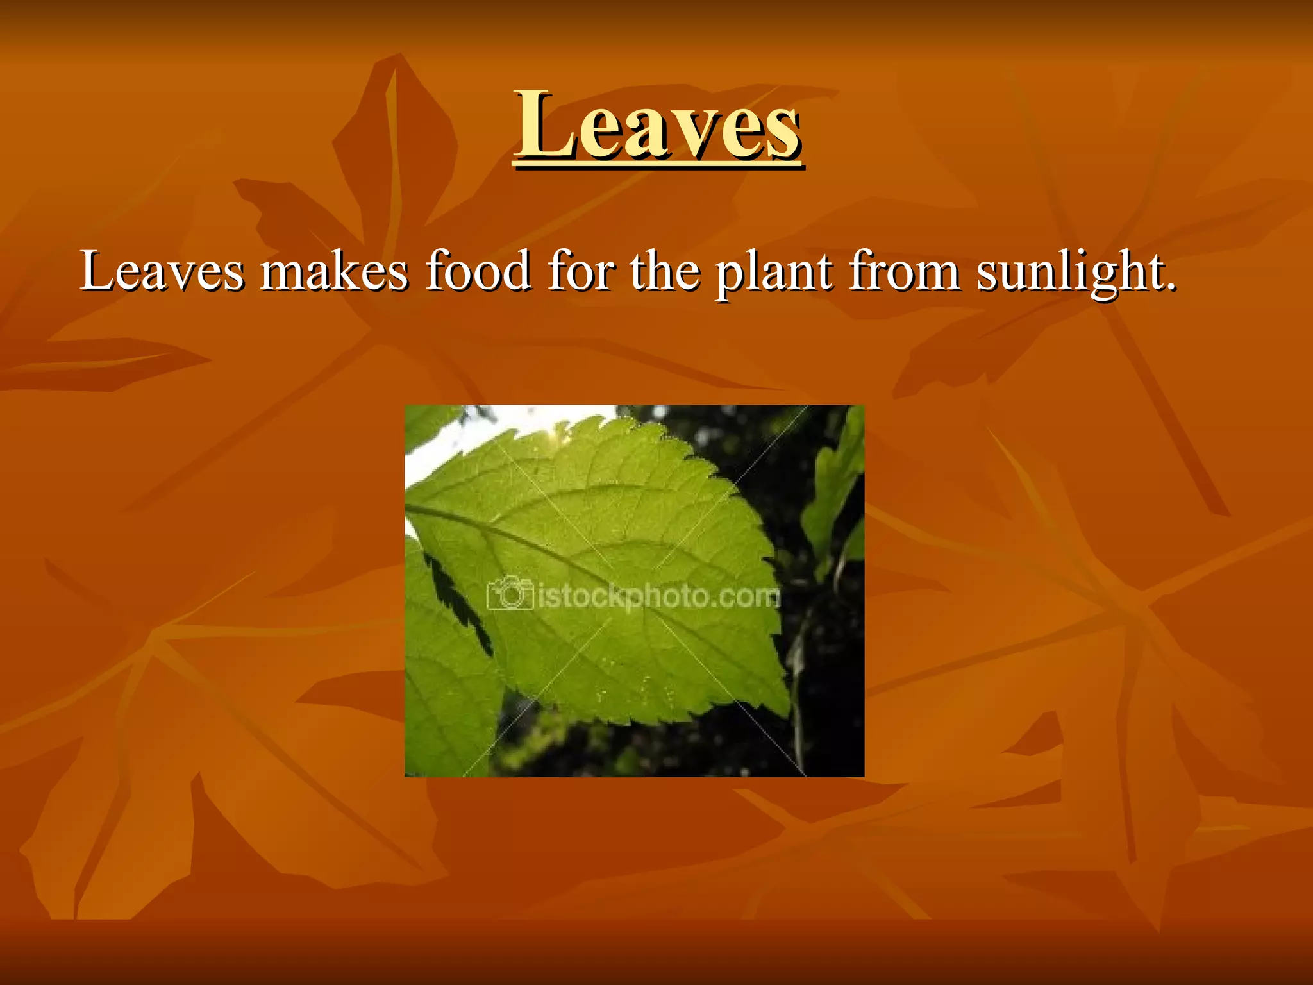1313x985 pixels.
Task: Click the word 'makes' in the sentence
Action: tap(334, 272)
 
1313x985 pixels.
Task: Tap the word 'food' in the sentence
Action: tap(478, 272)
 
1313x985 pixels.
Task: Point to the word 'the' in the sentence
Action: tap(664, 272)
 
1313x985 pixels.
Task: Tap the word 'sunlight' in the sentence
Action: tap(1067, 273)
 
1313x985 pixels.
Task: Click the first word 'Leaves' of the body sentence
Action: tap(162, 272)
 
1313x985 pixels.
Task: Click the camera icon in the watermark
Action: tap(510, 594)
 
